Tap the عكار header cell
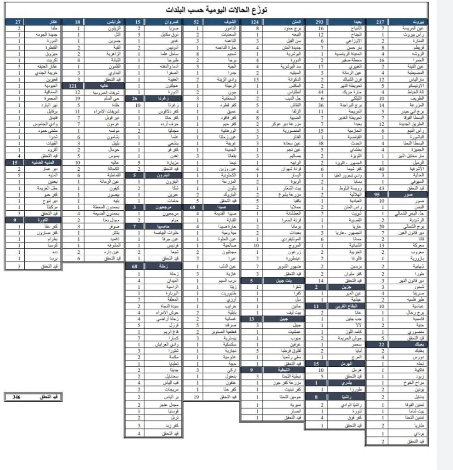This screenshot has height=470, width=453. (51, 22)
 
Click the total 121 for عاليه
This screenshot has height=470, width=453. (73, 86)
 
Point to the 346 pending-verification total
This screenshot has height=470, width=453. (17, 396)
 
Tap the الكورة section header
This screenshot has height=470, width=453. (51, 220)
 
